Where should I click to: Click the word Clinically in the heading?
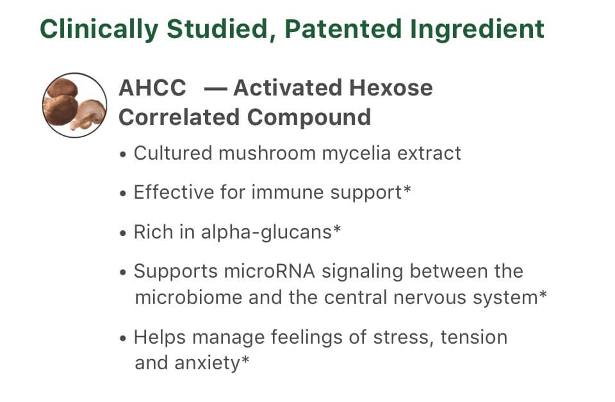[99, 29]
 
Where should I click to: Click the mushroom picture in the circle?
[74, 105]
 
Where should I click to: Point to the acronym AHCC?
[152, 88]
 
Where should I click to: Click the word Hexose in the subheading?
[391, 88]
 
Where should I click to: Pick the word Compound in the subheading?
[309, 117]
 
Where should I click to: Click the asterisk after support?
[407, 189]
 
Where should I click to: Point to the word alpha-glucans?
[266, 232]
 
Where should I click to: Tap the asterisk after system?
[543, 294]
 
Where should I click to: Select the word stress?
[401, 338]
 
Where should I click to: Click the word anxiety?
[207, 364]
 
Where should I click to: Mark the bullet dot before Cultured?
[123, 155]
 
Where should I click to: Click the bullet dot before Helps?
[123, 339]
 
